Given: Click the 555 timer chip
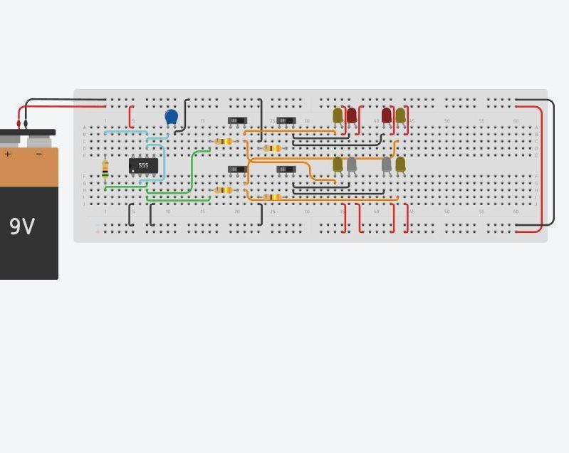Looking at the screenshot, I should [143, 165].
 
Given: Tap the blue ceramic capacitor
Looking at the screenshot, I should [171, 116].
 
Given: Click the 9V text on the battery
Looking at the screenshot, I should [23, 226].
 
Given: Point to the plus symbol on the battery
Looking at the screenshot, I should [8, 154].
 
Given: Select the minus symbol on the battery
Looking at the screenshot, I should [39, 154].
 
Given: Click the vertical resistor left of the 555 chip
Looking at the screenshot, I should [105, 168].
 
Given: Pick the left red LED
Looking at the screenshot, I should [351, 115].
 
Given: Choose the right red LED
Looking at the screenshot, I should [387, 115].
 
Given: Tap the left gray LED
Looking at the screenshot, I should [351, 165].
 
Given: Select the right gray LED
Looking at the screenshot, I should [387, 165].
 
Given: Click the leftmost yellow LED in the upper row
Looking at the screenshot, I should [338, 115].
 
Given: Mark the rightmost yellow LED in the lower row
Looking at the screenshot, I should [400, 165].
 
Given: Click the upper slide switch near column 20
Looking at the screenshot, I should [237, 120].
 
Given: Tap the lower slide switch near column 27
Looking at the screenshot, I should [286, 170].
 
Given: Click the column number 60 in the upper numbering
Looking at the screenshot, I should [516, 121].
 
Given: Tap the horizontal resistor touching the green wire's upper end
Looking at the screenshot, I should [224, 142].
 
